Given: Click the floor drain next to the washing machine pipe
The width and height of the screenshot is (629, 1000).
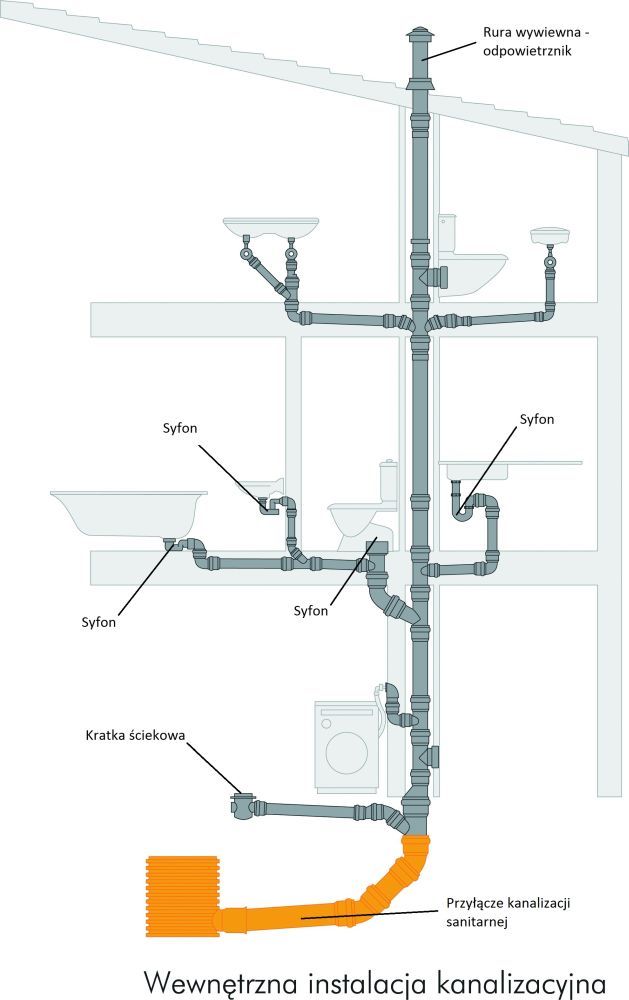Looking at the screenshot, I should [x=241, y=805].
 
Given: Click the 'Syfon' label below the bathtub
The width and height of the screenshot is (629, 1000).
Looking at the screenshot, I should [x=98, y=621].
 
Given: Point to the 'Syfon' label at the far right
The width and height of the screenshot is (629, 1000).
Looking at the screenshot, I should [x=537, y=419].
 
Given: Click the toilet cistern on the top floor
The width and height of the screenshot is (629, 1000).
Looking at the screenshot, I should [x=447, y=234].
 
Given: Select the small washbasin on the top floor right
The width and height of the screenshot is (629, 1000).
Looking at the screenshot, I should [x=550, y=236].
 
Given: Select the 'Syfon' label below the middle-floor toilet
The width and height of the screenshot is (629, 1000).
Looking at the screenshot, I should [x=311, y=610].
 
